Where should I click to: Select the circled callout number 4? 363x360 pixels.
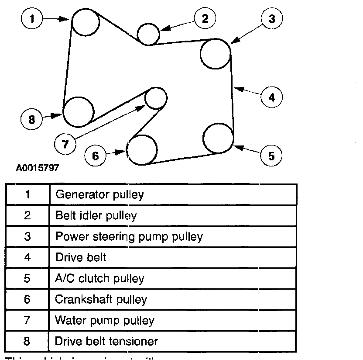click(272, 97)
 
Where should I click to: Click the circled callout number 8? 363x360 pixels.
click(32, 119)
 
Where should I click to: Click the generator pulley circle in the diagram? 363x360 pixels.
click(86, 22)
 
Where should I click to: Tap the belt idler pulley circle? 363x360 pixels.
click(148, 33)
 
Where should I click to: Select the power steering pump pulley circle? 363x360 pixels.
click(216, 54)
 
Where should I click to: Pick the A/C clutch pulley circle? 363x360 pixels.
click(219, 138)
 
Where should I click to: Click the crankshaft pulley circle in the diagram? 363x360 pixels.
click(142, 150)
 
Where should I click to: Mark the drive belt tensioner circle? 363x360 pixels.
click(79, 111)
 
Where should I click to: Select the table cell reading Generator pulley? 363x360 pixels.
click(99, 194)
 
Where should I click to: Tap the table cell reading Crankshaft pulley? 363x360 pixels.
click(101, 299)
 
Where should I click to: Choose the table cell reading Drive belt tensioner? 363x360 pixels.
click(106, 341)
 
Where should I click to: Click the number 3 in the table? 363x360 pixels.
click(27, 236)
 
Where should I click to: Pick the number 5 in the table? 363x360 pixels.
click(27, 278)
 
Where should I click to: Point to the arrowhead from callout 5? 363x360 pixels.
click(235, 146)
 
